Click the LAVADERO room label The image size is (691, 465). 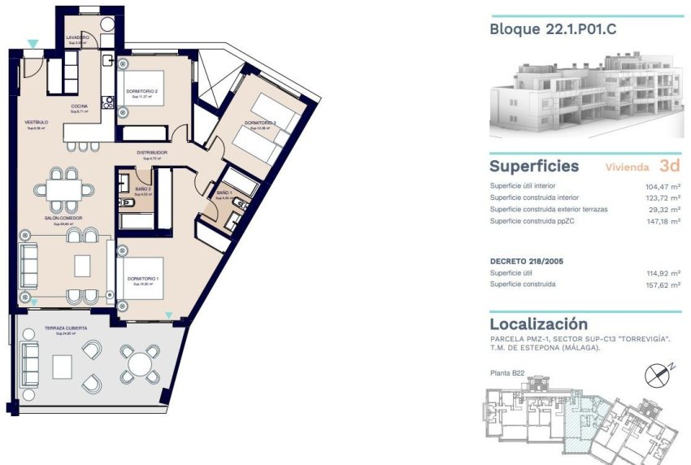click(77, 37)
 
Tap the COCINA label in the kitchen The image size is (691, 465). click(79, 106)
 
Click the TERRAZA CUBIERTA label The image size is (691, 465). click(66, 328)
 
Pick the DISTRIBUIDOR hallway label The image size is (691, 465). click(151, 152)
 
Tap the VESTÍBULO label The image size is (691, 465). click(37, 123)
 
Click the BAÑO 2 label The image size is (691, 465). click(144, 189)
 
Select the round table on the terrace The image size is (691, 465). click(141, 361)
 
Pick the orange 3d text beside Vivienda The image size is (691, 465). click(670, 166)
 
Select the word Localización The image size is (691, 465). click(538, 324)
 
